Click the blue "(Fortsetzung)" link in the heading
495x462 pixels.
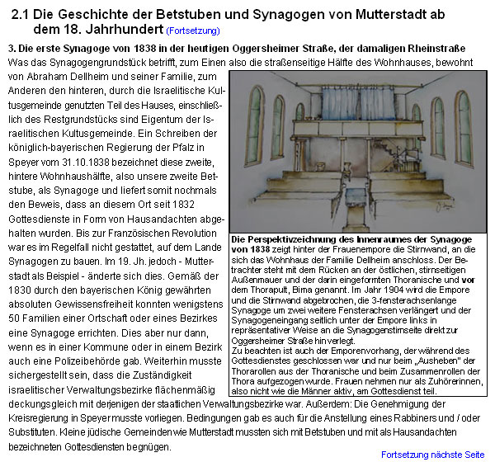(192, 31)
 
